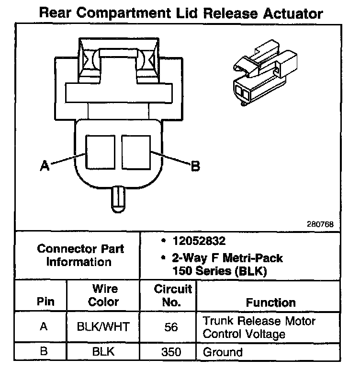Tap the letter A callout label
[45, 166]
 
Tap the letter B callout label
[195, 166]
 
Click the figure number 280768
[321, 224]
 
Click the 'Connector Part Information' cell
[80, 255]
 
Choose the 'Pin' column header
[45, 302]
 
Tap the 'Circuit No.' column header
[173, 296]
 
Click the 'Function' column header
[270, 302]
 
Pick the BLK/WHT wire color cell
[103, 327]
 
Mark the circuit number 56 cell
[171, 327]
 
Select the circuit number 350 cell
[171, 352]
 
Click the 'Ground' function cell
[223, 352]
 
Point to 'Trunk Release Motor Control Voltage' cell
[259, 327]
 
